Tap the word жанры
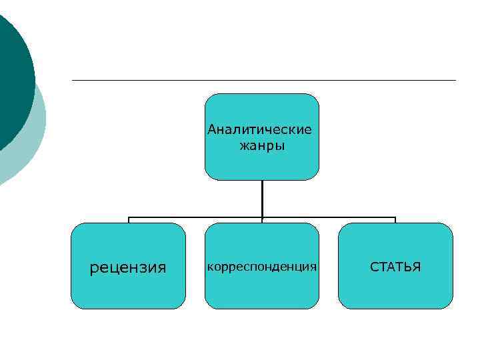[262, 145]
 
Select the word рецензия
[128, 268]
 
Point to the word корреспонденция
[262, 267]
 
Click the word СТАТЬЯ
[395, 267]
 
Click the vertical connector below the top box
[262, 198]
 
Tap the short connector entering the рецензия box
[129, 220]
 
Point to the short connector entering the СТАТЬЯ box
[395, 220]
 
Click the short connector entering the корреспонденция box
[262, 220]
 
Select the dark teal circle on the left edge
[12, 80]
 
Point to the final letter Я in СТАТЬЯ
[417, 267]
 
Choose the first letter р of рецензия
[94, 269]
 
